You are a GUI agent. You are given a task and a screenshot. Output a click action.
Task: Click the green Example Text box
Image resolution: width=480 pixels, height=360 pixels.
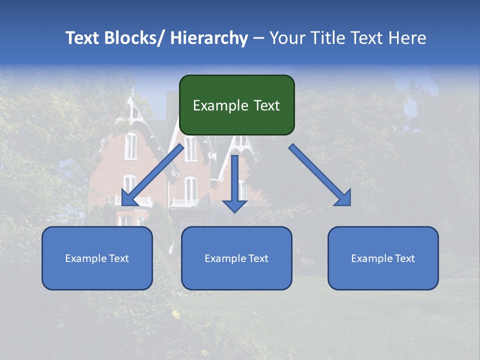point(236,105)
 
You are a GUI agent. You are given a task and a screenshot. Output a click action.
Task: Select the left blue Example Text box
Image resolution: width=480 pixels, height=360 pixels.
point(97,258)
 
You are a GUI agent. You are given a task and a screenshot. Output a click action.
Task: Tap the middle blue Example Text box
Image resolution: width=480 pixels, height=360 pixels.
point(236,258)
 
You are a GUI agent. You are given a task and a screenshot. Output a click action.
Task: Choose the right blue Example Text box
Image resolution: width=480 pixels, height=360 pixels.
point(383,258)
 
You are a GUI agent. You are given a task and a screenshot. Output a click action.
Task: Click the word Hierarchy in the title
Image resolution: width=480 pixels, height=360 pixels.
point(209,38)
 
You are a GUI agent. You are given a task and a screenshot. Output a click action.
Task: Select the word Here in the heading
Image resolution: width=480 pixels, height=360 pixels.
point(406,38)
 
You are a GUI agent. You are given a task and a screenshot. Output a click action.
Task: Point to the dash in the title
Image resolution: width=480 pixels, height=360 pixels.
point(258,38)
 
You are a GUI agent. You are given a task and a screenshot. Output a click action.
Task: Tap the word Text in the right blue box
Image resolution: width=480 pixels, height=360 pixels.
point(404,258)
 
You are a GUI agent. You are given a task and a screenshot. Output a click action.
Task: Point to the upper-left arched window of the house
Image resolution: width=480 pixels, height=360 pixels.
point(130,145)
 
